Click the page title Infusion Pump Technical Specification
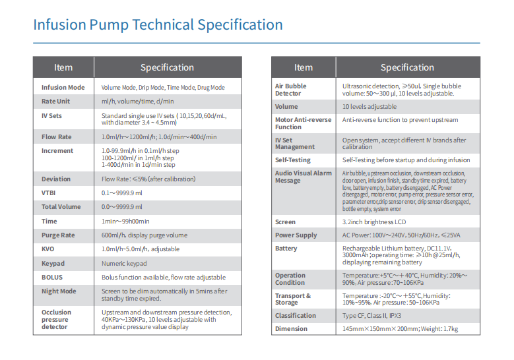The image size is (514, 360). [158, 26]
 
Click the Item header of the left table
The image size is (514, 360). [63, 67]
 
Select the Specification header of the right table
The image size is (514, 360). [407, 67]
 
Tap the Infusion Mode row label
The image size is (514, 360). [63, 88]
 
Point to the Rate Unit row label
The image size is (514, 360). [55, 102]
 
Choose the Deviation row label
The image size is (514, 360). [56, 179]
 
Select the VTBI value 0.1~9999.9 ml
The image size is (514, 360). [122, 193]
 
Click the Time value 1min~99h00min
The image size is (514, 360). [125, 222]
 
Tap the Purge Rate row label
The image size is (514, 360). [58, 235]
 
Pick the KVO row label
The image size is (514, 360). [48, 249]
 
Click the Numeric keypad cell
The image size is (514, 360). [124, 264]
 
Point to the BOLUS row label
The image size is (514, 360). [52, 278]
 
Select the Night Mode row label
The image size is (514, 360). [59, 291]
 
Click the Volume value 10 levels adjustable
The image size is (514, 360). [369, 107]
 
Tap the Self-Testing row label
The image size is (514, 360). [294, 160]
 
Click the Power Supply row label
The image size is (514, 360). [296, 235]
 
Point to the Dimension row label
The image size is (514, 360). [292, 328]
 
